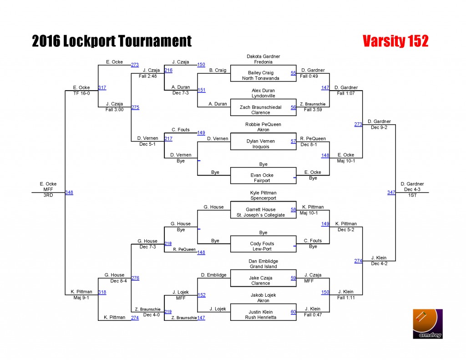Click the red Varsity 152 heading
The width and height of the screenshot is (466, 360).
pyautogui.click(x=395, y=41)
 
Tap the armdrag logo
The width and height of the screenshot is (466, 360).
pyautogui.click(x=428, y=324)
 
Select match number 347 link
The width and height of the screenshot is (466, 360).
pyautogui.click(x=391, y=193)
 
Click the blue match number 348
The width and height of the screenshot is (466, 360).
pyautogui.click(x=69, y=193)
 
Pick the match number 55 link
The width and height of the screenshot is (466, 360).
pyautogui.click(x=294, y=73)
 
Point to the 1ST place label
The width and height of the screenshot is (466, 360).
pyautogui.click(x=412, y=195)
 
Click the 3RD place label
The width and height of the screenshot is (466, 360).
pyautogui.click(x=48, y=195)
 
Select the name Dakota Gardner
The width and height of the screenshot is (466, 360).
pyautogui.click(x=263, y=56)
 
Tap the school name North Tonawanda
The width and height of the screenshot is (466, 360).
pyautogui.click(x=261, y=78)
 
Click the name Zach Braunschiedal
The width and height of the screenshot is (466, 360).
pyautogui.click(x=261, y=107)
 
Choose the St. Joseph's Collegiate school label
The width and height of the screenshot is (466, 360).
pyautogui.click(x=261, y=215)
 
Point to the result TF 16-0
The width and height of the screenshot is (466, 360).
pyautogui.click(x=81, y=93)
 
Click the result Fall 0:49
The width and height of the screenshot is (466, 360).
pyautogui.click(x=309, y=76)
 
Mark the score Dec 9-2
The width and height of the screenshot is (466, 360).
pyautogui.click(x=379, y=127)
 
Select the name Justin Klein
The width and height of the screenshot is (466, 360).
pyautogui.click(x=261, y=312)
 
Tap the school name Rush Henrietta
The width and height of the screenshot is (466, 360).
pyautogui.click(x=261, y=317)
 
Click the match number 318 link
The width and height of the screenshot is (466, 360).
pyautogui.click(x=102, y=292)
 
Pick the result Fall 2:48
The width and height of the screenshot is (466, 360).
pyautogui.click(x=148, y=76)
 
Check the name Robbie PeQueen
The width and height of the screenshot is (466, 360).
pyautogui.click(x=263, y=124)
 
